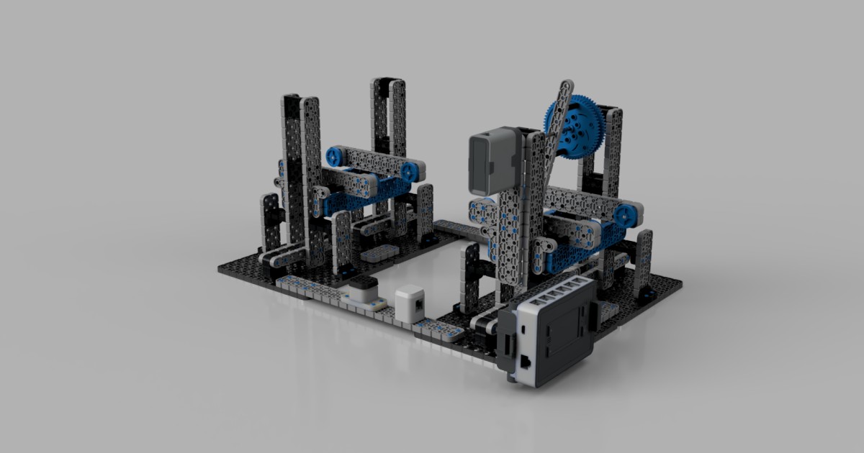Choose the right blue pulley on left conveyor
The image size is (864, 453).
click(x=408, y=171)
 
